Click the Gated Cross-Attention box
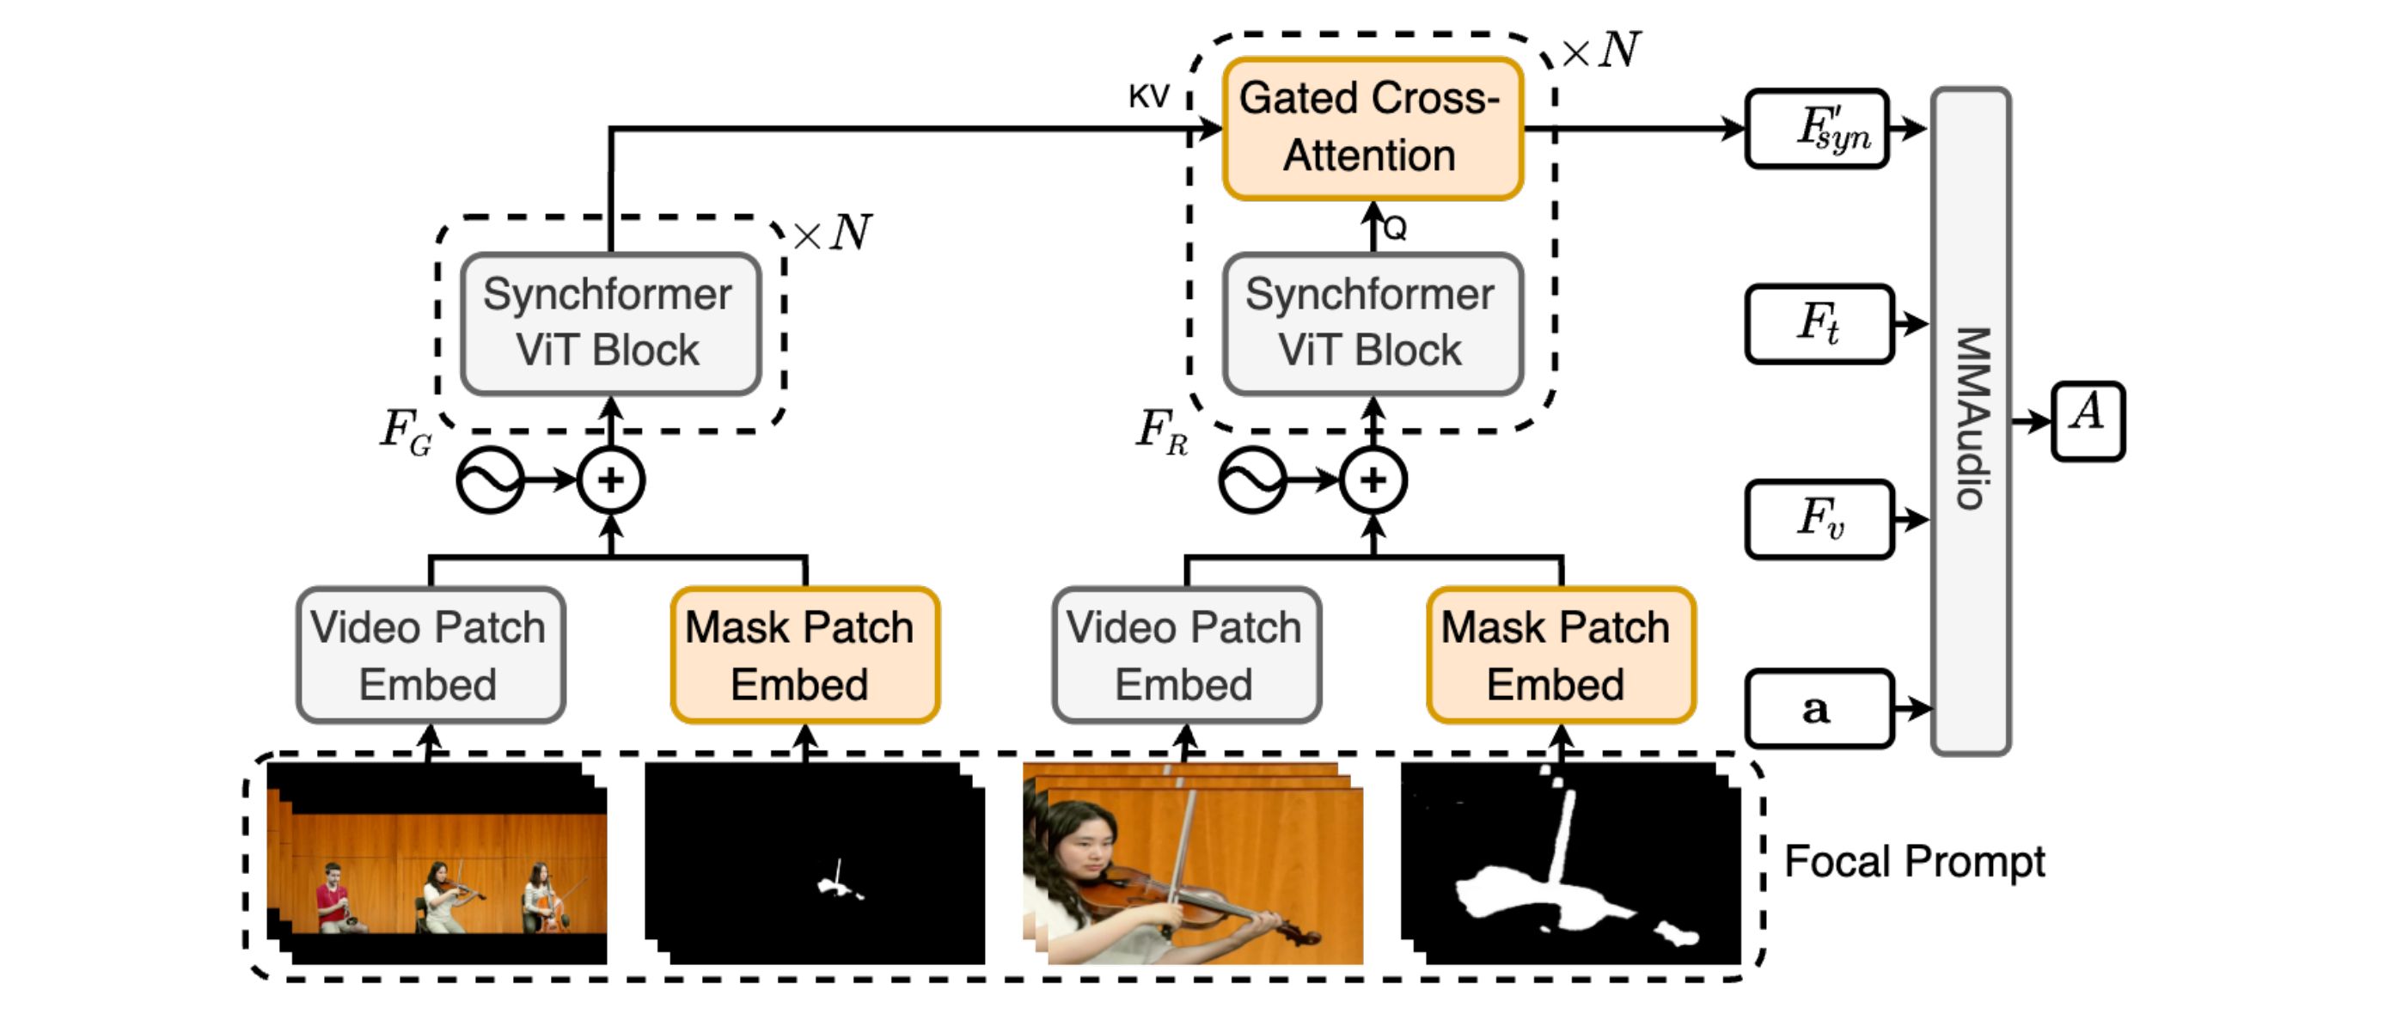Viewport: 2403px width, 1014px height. click(1373, 129)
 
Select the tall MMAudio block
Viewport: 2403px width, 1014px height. click(1970, 421)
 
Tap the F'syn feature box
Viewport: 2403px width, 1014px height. click(1817, 129)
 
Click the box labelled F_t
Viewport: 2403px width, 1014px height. click(1819, 324)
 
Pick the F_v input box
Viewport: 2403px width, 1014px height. click(1819, 520)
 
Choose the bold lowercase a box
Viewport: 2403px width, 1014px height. click(1819, 709)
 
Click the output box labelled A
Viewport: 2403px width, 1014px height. click(2088, 421)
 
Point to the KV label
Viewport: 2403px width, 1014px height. click(1148, 96)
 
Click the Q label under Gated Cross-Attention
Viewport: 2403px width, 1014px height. click(1396, 229)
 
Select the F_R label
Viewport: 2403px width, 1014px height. click(1161, 432)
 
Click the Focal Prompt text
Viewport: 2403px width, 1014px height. click(1914, 862)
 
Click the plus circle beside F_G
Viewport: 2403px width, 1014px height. click(611, 480)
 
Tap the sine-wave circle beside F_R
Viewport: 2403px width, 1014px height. click(1253, 480)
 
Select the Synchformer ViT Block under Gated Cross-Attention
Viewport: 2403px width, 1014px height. click(1373, 324)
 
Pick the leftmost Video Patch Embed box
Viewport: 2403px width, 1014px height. click(431, 655)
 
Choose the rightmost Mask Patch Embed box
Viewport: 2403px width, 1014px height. click(1561, 655)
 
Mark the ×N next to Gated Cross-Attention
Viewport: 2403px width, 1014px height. click(1601, 50)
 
